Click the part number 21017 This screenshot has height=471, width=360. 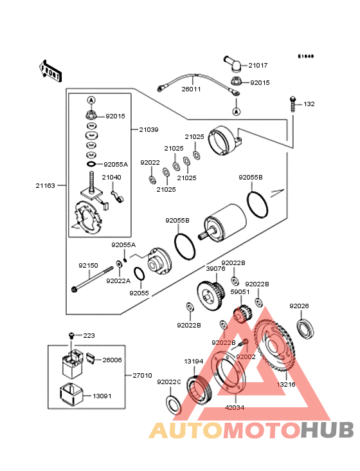[258, 66]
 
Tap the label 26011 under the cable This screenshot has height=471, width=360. [191, 89]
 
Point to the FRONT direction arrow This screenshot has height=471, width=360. [51, 69]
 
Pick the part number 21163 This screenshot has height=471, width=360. [45, 185]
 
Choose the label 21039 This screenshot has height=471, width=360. [149, 129]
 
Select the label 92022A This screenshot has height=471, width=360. [118, 281]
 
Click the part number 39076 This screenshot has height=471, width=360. [215, 269]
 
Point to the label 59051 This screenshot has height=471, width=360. [240, 291]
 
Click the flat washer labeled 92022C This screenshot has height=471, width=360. [172, 406]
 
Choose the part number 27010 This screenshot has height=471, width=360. [142, 375]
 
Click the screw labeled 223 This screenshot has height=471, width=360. [72, 335]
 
